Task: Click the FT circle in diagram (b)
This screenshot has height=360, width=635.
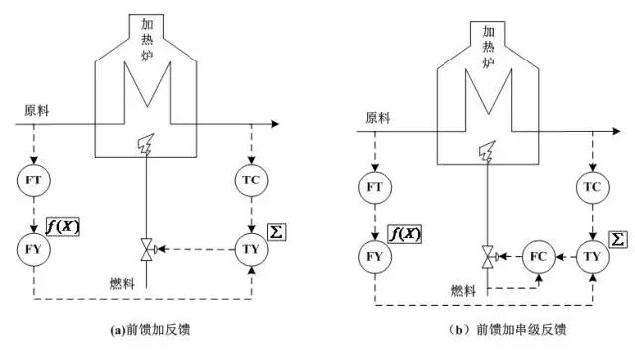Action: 375,188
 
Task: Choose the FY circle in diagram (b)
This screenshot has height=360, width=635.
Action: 375,255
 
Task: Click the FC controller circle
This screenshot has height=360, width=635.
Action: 537,255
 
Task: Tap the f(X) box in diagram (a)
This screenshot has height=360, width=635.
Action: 66,227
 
